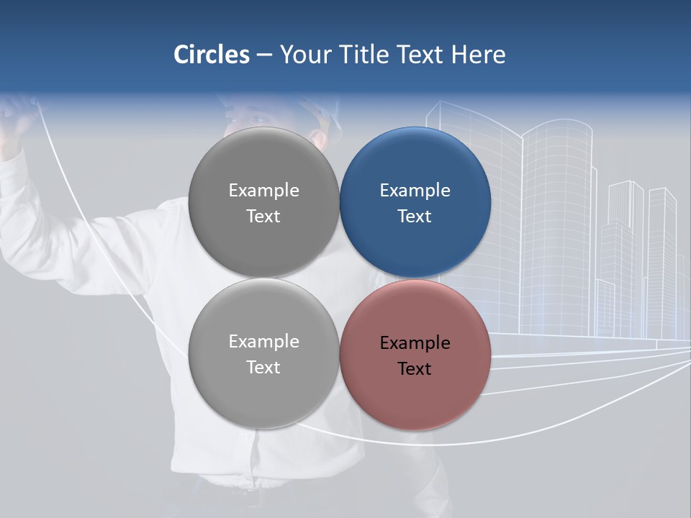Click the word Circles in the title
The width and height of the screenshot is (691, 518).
click(x=211, y=54)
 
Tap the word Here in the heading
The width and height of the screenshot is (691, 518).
click(x=479, y=54)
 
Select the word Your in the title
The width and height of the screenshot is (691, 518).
click(x=306, y=54)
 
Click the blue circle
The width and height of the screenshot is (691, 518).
click(x=415, y=202)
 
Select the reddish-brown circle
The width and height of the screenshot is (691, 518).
click(x=415, y=354)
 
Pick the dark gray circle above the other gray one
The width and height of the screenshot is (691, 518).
click(x=263, y=202)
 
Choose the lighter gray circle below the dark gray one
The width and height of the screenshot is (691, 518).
click(x=263, y=354)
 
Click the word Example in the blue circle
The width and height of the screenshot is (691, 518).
click(x=415, y=191)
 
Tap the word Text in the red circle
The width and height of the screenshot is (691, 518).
click(x=415, y=369)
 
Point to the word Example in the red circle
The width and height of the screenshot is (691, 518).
click(x=415, y=343)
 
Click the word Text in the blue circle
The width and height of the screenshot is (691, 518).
click(x=415, y=217)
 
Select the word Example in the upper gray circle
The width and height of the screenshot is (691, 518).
click(x=263, y=191)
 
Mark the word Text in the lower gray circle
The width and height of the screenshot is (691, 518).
click(x=263, y=368)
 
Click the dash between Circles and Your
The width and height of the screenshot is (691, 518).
click(x=264, y=55)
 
